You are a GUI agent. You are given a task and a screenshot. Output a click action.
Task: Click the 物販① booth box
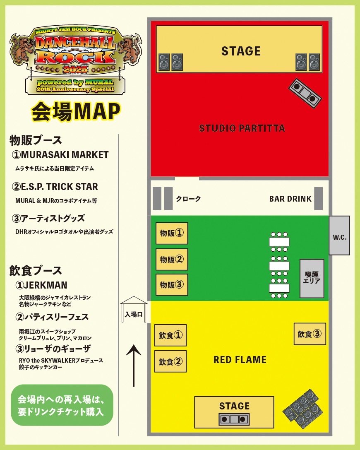(x=171, y=233)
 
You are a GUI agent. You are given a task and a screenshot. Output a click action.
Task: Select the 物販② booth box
(x=171, y=260)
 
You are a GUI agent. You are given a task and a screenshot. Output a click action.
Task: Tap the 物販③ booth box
(x=171, y=285)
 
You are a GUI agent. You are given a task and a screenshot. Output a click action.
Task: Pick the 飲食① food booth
(x=170, y=335)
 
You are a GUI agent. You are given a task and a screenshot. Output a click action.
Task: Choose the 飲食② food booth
(x=170, y=361)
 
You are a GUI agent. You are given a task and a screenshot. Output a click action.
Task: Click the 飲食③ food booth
(x=310, y=334)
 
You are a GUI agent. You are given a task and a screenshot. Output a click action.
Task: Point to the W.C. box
(x=339, y=237)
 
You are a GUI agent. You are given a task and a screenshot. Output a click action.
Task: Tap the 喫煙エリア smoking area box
(x=312, y=278)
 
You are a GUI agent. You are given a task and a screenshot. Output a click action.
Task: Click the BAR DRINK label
(x=290, y=199)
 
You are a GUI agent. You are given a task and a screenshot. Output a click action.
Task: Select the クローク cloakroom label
(x=188, y=199)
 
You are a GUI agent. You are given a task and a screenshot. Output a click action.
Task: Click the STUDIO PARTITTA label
(x=242, y=128)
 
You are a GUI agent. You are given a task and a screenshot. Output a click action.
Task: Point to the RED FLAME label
(x=240, y=359)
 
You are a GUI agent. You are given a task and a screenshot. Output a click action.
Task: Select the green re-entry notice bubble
(x=62, y=405)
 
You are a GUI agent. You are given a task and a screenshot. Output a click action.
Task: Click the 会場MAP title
(x=76, y=111)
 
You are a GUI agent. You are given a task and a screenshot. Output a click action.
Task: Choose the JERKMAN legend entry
(x=41, y=285)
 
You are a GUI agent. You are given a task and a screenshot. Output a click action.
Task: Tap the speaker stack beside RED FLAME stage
(x=301, y=407)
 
